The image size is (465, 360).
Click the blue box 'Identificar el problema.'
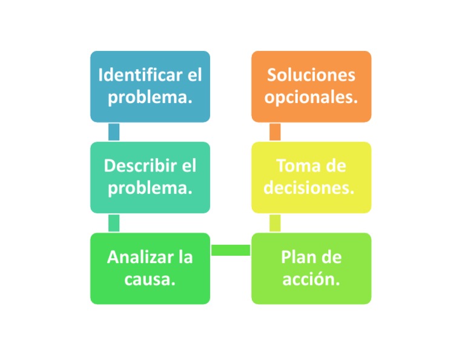click(x=150, y=87)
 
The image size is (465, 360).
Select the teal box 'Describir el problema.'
click(x=150, y=178)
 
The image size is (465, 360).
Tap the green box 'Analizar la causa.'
click(x=150, y=268)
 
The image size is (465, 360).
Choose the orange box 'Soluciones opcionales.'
click(x=311, y=87)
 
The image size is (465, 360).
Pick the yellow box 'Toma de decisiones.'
click(x=311, y=178)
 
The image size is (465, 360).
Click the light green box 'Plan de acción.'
click(x=311, y=268)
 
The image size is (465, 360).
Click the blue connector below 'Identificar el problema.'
click(x=113, y=132)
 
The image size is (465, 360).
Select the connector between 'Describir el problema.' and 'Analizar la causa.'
click(x=113, y=223)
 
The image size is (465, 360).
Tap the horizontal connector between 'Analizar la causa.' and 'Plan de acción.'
click(x=231, y=250)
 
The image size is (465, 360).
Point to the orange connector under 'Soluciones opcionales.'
click(x=275, y=132)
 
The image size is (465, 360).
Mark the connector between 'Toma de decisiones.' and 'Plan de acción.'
click(x=275, y=223)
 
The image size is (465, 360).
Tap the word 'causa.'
click(x=150, y=279)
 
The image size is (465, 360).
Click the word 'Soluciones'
click(x=311, y=76)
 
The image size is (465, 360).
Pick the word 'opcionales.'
click(x=311, y=97)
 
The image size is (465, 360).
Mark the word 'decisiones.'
click(x=309, y=188)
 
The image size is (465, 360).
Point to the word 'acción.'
click(x=311, y=279)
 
